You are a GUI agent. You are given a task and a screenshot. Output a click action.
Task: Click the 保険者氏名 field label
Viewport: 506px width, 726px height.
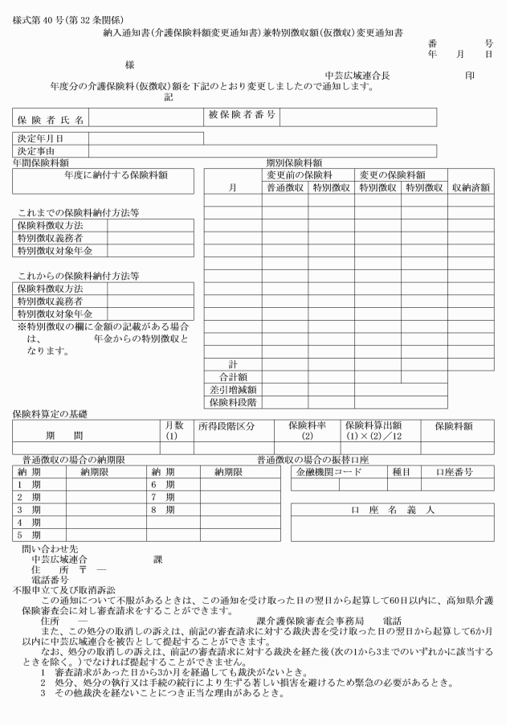[x=51, y=119]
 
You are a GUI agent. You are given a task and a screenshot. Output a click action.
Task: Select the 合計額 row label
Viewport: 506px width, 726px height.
[x=232, y=375]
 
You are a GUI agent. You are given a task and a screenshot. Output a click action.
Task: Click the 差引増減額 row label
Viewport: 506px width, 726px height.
[x=232, y=388]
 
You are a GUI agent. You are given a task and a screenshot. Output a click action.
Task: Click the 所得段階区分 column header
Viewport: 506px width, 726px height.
[x=227, y=425]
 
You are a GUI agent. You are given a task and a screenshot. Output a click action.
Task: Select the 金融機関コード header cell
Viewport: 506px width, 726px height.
[x=330, y=473]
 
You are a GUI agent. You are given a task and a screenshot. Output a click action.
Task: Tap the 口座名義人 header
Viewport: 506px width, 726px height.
[x=392, y=511]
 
